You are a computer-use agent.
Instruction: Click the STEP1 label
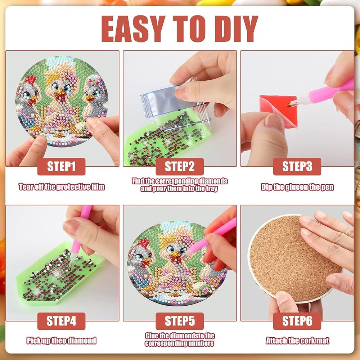click(x=61, y=166)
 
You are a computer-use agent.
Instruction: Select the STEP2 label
click(x=180, y=166)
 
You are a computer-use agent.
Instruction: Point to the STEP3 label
click(x=297, y=166)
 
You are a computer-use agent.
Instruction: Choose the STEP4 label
click(x=61, y=321)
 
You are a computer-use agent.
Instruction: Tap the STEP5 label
click(x=180, y=321)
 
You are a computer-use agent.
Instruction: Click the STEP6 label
click(x=297, y=321)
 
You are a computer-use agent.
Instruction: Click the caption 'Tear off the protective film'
click(x=62, y=187)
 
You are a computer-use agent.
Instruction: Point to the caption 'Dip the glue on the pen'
click(x=297, y=187)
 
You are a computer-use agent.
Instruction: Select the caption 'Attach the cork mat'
click(x=297, y=341)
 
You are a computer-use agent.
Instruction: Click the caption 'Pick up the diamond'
click(x=61, y=341)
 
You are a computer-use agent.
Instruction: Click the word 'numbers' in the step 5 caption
click(x=201, y=343)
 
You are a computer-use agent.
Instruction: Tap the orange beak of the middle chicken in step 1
click(x=60, y=93)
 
